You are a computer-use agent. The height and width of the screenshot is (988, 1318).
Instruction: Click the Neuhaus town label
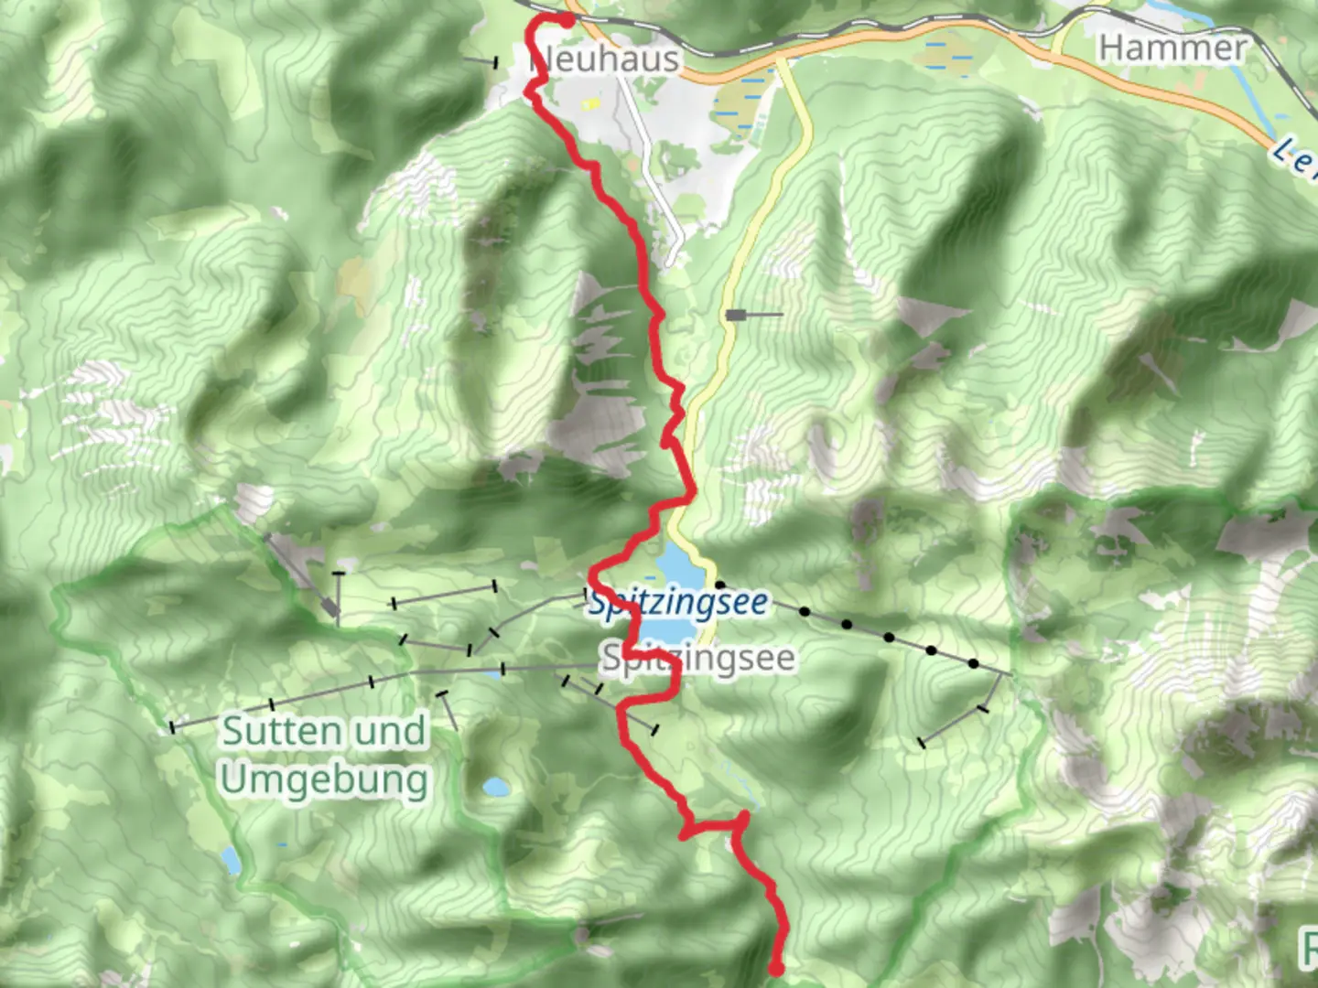605,60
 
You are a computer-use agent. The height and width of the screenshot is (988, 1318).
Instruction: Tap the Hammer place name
1172,48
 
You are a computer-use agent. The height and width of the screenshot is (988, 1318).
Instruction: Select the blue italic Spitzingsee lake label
678,604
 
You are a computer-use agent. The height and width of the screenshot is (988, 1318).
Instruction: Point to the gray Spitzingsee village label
697,659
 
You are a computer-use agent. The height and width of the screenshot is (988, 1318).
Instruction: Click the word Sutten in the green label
275,731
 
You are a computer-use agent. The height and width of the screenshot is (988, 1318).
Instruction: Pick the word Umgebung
324,780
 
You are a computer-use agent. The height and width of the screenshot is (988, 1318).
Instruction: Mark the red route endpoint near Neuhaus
567,19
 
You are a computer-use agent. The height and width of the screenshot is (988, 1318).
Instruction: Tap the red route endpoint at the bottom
776,968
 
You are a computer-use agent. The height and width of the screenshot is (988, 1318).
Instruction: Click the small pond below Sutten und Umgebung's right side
496,787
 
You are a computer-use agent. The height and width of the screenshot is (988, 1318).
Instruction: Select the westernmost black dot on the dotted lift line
720,584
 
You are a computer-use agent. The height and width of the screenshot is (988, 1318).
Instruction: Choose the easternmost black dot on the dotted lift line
973,663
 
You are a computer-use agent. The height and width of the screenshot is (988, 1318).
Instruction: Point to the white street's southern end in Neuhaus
673,261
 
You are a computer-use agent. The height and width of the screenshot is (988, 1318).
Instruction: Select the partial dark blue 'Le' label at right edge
1294,157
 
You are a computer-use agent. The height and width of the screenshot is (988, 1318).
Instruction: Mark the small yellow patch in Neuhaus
591,103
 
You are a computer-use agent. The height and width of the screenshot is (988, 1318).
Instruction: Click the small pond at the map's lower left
231,860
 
